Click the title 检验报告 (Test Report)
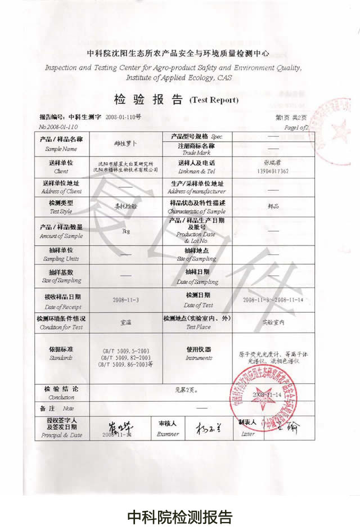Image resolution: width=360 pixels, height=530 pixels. click(176, 100)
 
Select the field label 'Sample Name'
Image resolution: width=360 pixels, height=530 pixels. click(61, 149)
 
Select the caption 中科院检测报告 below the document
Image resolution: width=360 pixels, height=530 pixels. click(179, 516)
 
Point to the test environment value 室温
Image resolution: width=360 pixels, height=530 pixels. click(127, 323)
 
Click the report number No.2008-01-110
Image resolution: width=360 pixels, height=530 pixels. click(60, 128)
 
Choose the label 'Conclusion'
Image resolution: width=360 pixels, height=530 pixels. click(61, 397)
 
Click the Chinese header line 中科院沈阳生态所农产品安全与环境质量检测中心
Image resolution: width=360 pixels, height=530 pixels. click(178, 53)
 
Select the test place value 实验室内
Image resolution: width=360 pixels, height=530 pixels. click(273, 322)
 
